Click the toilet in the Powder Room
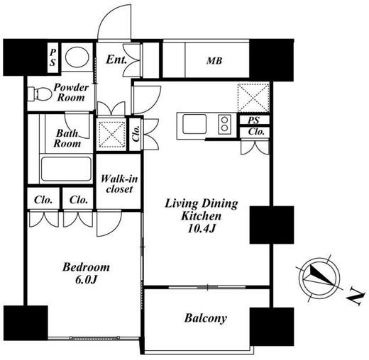tap(39, 94)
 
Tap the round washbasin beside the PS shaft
tap(77, 57)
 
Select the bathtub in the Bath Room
tap(66, 169)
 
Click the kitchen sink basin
tap(194, 124)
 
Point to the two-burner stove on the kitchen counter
tap(224, 124)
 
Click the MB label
tap(214, 61)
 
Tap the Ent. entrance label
tap(116, 60)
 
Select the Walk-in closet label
tap(119, 184)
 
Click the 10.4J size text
tap(202, 228)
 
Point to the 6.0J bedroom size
tap(86, 280)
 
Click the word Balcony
tap(206, 318)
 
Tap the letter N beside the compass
tap(355, 296)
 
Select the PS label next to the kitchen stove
tap(253, 120)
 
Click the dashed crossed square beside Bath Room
tap(111, 134)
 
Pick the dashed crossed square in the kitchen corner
tap(253, 97)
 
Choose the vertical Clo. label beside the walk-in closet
tap(136, 134)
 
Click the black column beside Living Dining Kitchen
tap(272, 225)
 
